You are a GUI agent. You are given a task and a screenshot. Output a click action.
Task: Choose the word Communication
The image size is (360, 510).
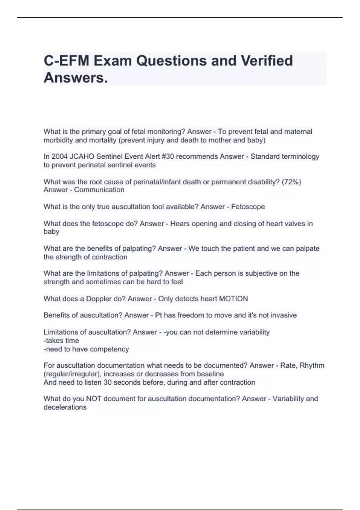point(99,190)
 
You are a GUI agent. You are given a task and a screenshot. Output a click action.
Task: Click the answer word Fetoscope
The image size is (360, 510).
point(248,207)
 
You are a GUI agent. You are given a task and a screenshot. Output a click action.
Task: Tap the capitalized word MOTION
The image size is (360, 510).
point(234,299)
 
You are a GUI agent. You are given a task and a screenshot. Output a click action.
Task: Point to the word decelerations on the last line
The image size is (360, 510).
point(65,407)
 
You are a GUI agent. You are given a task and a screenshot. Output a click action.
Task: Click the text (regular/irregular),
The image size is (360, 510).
point(72,374)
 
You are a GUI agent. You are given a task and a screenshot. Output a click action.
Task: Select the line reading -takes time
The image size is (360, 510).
point(61,340)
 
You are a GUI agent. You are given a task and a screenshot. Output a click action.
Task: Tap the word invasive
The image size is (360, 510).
point(283,315)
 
